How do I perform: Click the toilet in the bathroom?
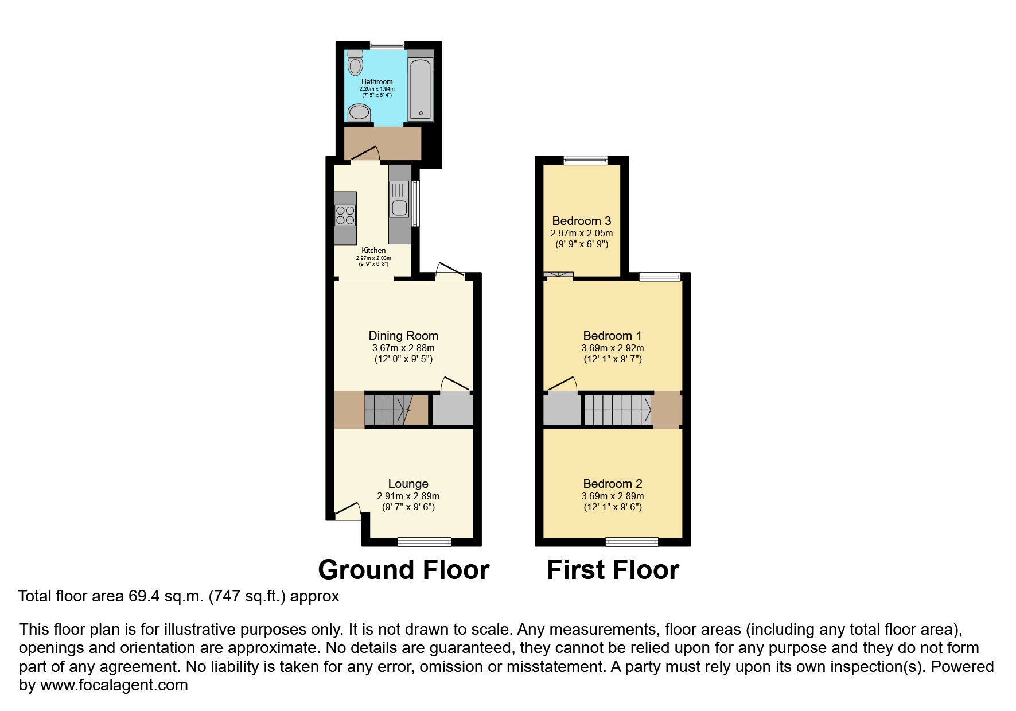356,64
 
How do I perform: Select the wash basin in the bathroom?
360,113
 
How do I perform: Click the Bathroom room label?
377,82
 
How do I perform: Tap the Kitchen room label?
373,251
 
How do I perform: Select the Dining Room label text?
403,336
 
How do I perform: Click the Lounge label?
408,484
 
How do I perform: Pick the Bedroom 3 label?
581,221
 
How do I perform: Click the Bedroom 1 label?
612,336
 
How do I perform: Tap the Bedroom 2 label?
612,484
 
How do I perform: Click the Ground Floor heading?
403,570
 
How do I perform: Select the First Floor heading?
613,570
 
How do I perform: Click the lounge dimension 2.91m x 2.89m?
408,496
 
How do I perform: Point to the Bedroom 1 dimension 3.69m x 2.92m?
612,348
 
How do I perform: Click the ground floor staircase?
389,410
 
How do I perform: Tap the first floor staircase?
617,410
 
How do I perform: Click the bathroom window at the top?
387,45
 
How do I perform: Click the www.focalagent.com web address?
114,685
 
